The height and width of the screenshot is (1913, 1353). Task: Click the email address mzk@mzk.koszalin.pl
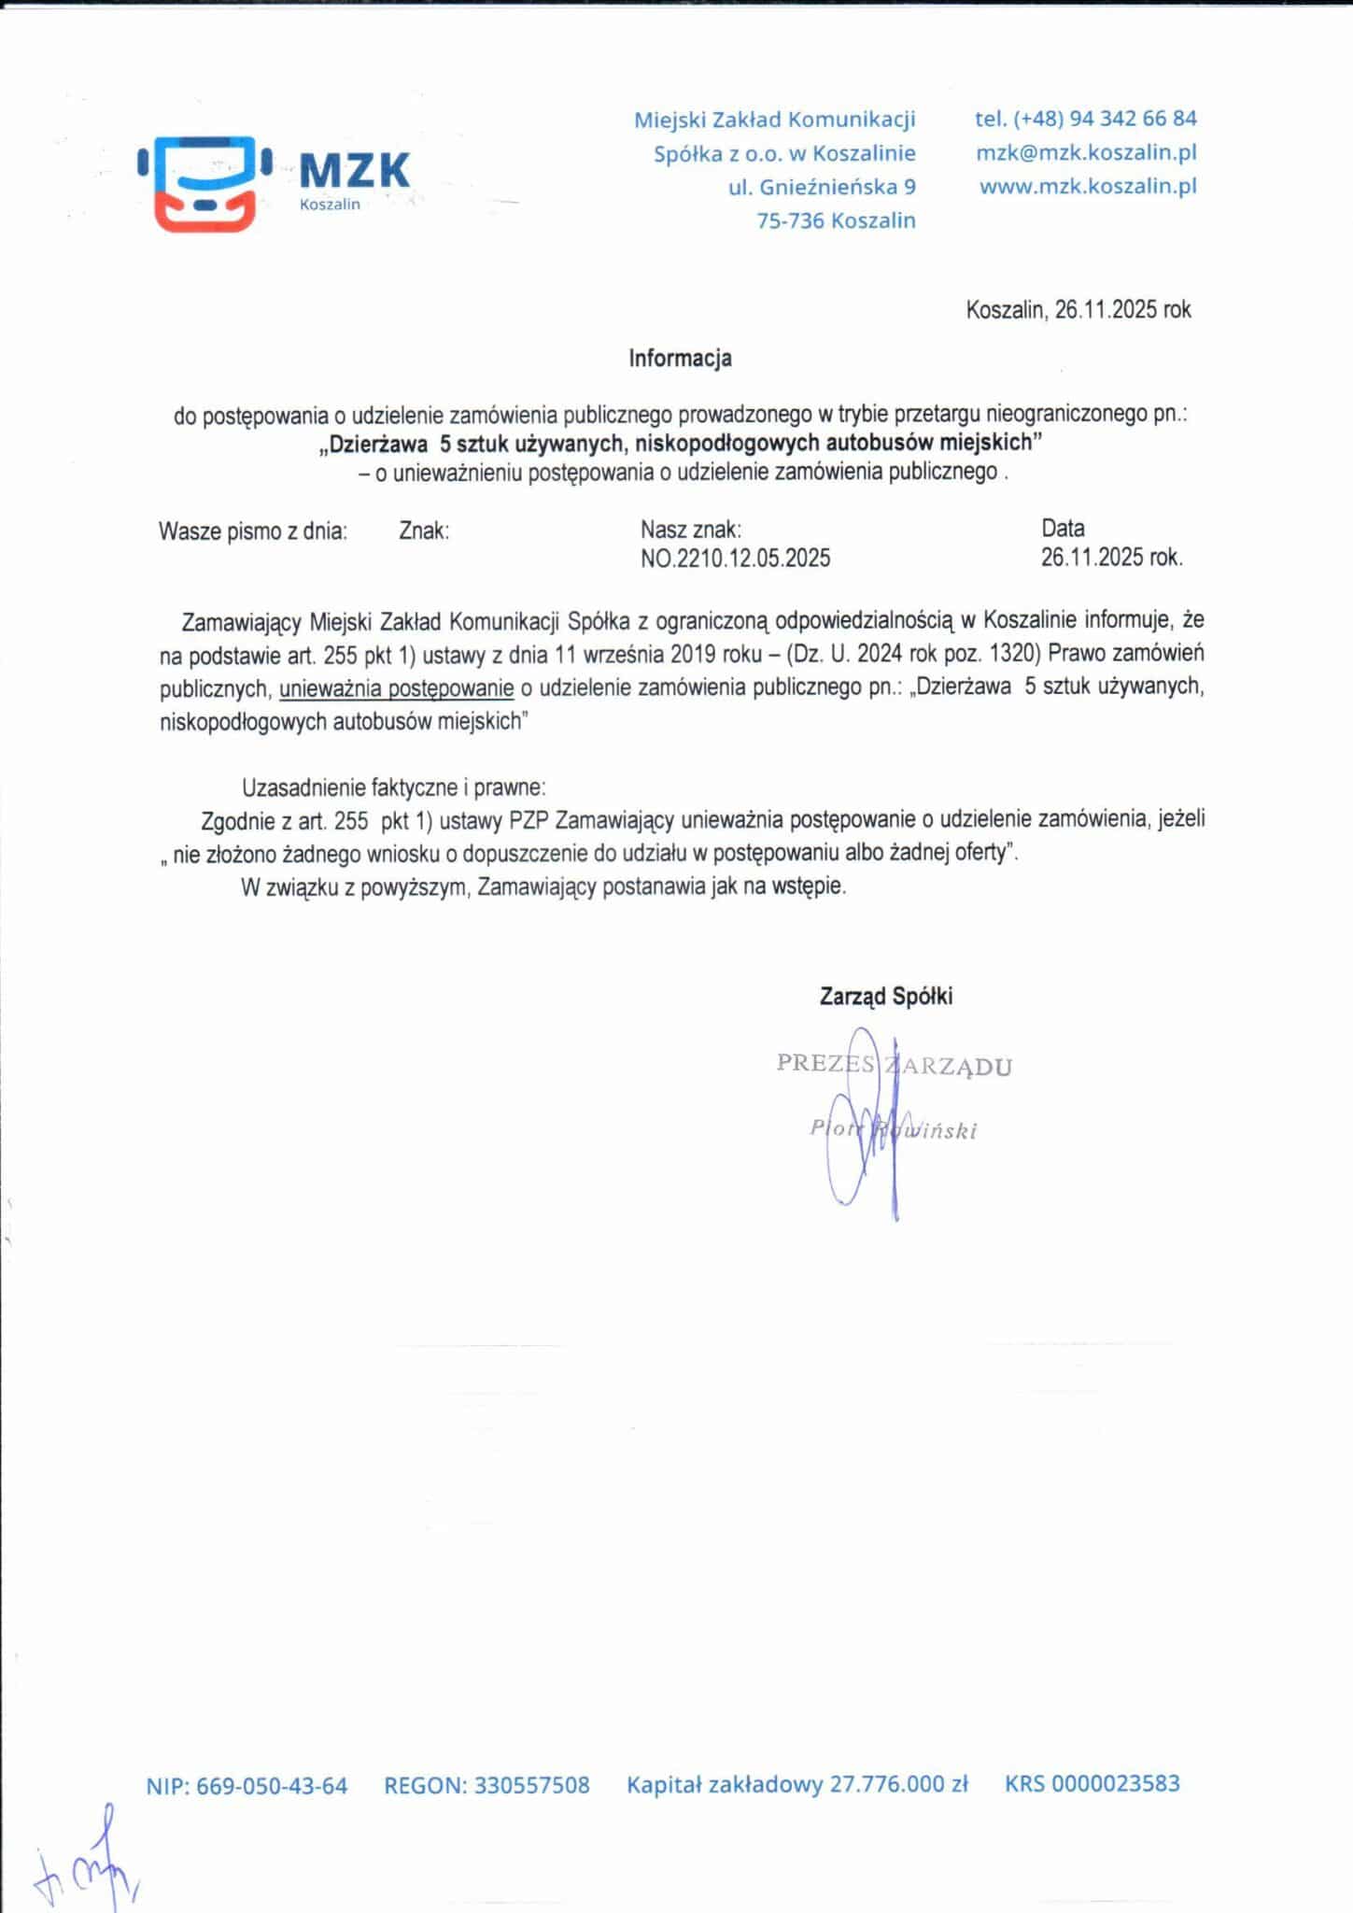click(1086, 152)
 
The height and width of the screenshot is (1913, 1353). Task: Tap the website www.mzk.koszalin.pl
click(1087, 186)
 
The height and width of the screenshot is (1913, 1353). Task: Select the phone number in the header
click(1085, 119)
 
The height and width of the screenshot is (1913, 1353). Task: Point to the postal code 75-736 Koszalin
click(835, 220)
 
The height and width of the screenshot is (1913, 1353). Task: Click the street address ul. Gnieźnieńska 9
click(822, 187)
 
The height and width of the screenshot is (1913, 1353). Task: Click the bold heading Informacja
click(680, 358)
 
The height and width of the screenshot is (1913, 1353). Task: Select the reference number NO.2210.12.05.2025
click(735, 559)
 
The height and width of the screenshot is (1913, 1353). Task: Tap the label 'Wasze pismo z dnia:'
click(253, 531)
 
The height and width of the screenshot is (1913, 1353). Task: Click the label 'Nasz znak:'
click(691, 530)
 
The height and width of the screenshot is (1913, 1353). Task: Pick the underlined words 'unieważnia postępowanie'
click(396, 688)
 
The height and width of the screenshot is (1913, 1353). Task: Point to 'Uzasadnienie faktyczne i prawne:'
click(393, 786)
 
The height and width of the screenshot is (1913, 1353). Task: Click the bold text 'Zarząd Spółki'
click(885, 996)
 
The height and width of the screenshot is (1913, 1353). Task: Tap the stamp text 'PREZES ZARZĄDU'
click(894, 1065)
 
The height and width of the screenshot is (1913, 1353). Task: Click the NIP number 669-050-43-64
click(272, 1786)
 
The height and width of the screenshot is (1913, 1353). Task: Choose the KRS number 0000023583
click(1115, 1783)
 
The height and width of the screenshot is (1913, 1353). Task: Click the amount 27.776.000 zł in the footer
click(898, 1784)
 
